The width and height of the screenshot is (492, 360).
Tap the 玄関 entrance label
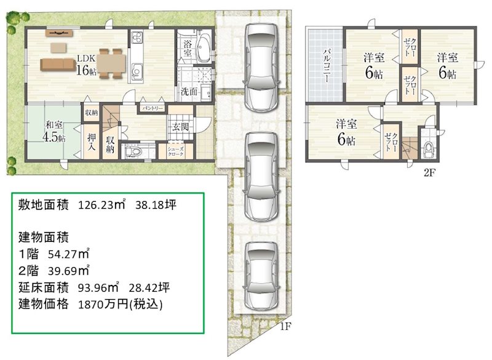(180, 127)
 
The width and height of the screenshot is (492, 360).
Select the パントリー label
(152, 108)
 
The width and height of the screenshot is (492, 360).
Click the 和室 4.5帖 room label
(54, 132)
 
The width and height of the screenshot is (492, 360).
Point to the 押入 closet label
(91, 142)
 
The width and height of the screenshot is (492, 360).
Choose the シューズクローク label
(175, 151)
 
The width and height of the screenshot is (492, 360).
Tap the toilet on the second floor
(427, 150)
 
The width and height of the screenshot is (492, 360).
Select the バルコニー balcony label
(327, 65)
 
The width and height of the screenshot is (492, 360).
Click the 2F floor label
(429, 172)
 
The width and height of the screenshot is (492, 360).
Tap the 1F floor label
(285, 327)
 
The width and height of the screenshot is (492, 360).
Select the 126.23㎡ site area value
(101, 205)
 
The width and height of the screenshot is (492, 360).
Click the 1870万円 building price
(120, 304)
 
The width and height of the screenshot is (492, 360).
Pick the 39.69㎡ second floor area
(69, 271)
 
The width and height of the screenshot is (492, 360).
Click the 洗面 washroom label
(189, 92)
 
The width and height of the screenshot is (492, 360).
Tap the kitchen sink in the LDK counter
(137, 71)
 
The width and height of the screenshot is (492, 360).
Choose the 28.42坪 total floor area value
(149, 287)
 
